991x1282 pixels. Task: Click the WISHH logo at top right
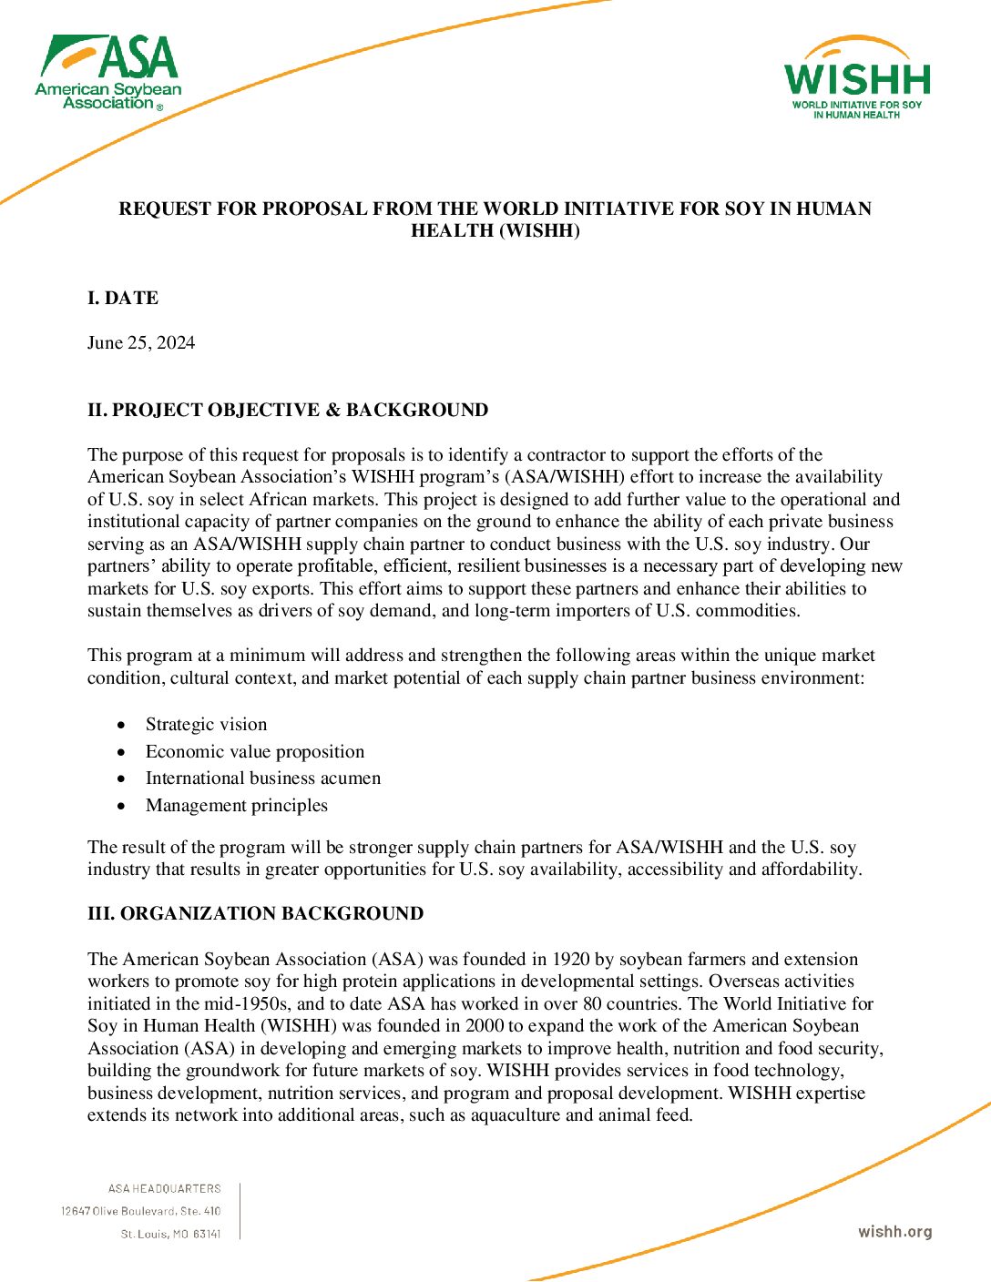(x=857, y=79)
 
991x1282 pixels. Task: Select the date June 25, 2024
(x=141, y=343)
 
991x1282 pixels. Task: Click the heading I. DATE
(x=123, y=299)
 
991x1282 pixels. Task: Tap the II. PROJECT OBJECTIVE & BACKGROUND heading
(x=288, y=411)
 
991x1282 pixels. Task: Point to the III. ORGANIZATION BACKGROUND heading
(x=255, y=914)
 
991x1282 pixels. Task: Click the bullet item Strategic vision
(x=206, y=725)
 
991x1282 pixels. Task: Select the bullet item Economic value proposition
(x=255, y=752)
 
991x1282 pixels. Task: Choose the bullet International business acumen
(x=263, y=778)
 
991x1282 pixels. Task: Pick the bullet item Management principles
(x=237, y=806)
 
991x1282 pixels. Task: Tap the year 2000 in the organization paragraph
(x=485, y=1026)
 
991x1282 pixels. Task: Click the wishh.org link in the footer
(x=895, y=1232)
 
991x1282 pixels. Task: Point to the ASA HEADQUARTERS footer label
(x=165, y=1189)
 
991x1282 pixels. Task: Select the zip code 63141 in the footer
(x=208, y=1235)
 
